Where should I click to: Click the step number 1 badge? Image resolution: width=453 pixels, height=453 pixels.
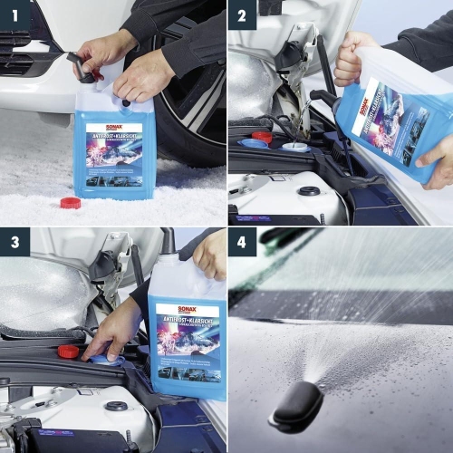point(15,15)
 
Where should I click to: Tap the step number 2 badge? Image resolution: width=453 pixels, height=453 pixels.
point(242,15)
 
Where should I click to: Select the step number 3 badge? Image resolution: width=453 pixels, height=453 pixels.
point(15,242)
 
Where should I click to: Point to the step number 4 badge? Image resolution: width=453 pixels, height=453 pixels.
point(242,242)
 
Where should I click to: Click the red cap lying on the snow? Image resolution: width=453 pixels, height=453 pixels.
point(70,202)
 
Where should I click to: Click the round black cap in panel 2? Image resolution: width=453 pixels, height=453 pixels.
point(309,191)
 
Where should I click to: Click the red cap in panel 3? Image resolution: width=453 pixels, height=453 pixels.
point(68,351)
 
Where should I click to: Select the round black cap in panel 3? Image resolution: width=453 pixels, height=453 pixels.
point(115,406)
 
